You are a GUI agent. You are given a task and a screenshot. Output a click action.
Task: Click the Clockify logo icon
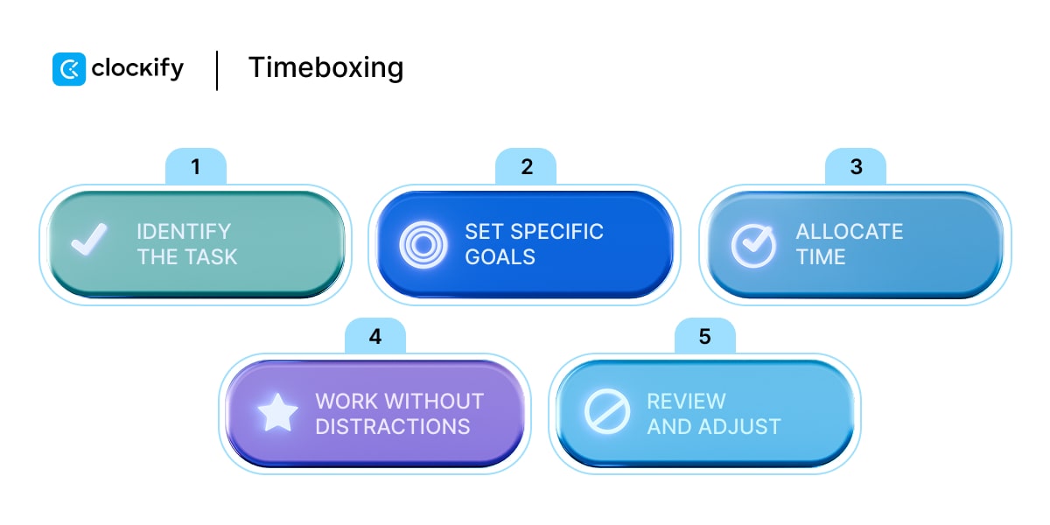point(69,69)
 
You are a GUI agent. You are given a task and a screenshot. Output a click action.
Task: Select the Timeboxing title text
point(325,68)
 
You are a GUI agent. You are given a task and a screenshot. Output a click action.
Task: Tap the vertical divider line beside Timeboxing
point(217,70)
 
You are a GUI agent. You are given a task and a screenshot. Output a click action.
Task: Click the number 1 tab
point(195,166)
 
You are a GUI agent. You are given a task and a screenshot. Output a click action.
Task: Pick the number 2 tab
point(527,166)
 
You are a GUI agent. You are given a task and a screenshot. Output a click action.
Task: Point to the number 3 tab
point(856,166)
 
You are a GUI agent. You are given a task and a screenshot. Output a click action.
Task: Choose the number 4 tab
point(374,336)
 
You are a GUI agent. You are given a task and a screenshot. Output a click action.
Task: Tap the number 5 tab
point(705,336)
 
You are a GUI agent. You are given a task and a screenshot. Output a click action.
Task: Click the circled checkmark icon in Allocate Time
point(752,245)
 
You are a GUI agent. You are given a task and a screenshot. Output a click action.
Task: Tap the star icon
point(277,414)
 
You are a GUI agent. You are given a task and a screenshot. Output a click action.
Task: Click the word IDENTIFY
point(184,232)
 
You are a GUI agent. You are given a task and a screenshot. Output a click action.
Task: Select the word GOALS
point(500,257)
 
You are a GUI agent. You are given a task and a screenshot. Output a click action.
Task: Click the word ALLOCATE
point(849,232)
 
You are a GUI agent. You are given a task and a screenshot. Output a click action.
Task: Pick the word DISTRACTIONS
point(392,427)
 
